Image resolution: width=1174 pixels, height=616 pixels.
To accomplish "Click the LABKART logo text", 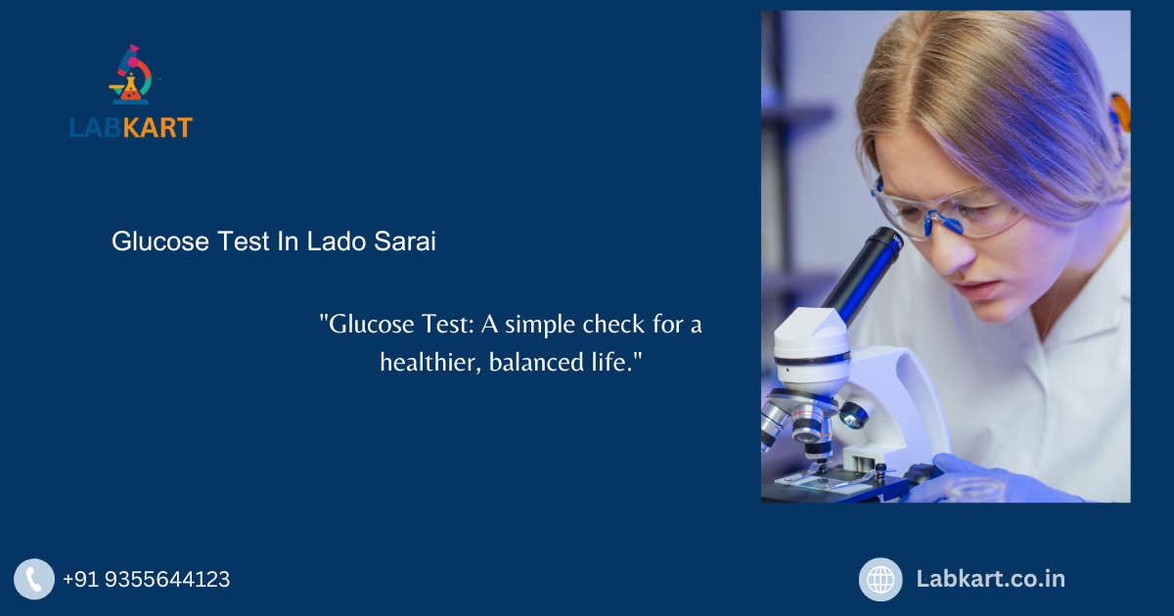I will [x=130, y=127].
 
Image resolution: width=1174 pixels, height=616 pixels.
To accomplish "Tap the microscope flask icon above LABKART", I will [x=131, y=76].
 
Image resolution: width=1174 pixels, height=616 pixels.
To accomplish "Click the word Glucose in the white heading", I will [x=157, y=242].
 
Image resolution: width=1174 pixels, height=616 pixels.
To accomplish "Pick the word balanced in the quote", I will [x=535, y=362].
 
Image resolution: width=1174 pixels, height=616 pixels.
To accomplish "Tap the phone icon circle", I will [x=34, y=579].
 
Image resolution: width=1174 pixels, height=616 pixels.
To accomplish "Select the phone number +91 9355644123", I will [x=147, y=580].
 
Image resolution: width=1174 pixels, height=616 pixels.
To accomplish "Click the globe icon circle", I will [x=880, y=579].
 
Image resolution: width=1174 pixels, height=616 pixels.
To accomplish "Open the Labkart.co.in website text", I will [x=990, y=579].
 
